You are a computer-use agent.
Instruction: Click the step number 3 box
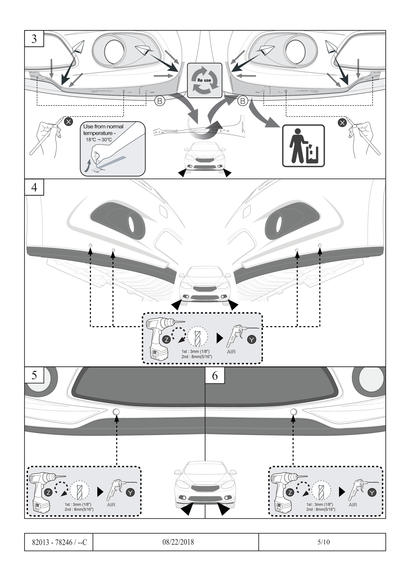[x=34, y=39]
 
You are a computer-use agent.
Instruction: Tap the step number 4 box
[x=34, y=187]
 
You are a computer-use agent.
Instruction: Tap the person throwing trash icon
[x=303, y=146]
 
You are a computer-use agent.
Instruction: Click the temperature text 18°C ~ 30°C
[x=99, y=140]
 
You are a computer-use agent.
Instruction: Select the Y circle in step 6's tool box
[x=372, y=492]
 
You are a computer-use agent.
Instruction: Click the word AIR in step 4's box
[x=231, y=352]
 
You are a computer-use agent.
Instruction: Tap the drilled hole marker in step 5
[x=116, y=412]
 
